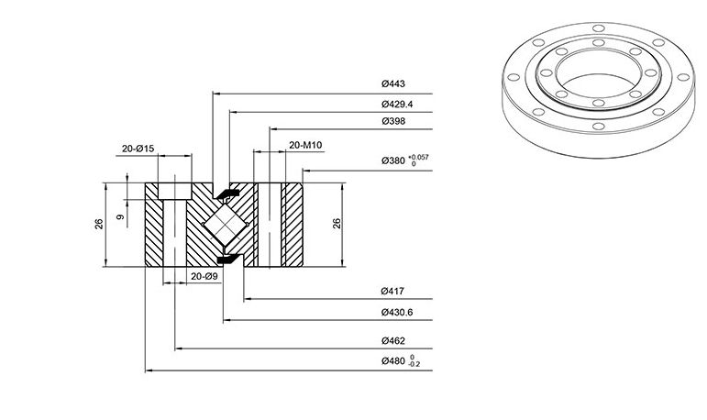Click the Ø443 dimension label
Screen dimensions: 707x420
tap(393, 83)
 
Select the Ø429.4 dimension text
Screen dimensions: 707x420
tap(397, 105)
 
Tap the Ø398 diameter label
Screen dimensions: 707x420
tap(393, 121)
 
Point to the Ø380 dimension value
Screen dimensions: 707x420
tap(393, 160)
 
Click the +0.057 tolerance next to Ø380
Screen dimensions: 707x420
tap(418, 157)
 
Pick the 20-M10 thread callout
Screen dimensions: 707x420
tap(305, 145)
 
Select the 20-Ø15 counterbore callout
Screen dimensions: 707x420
tap(138, 149)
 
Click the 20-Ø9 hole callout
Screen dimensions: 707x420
tap(204, 276)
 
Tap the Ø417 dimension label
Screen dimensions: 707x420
tap(392, 291)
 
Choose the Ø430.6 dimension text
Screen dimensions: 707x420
tap(397, 312)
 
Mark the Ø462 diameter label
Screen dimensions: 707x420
tap(393, 340)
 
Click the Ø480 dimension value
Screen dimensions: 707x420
tap(393, 360)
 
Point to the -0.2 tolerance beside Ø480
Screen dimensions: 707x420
tap(414, 364)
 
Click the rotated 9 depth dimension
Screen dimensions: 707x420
tap(120, 217)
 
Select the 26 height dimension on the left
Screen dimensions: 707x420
tap(99, 224)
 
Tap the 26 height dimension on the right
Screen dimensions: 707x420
tap(337, 224)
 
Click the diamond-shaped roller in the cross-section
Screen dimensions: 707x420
tap(225, 224)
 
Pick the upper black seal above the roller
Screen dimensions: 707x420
tap(228, 194)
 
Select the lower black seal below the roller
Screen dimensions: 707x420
tap(228, 259)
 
